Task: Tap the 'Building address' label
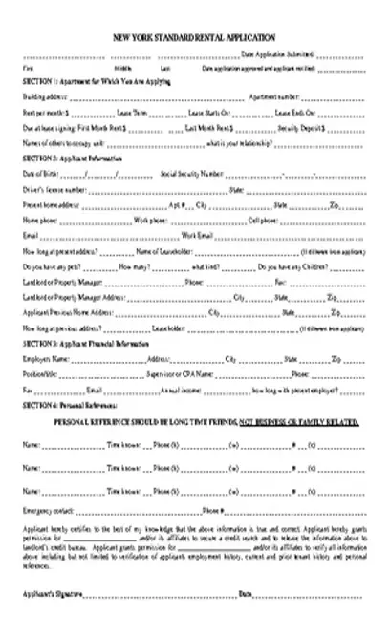(x=43, y=97)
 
